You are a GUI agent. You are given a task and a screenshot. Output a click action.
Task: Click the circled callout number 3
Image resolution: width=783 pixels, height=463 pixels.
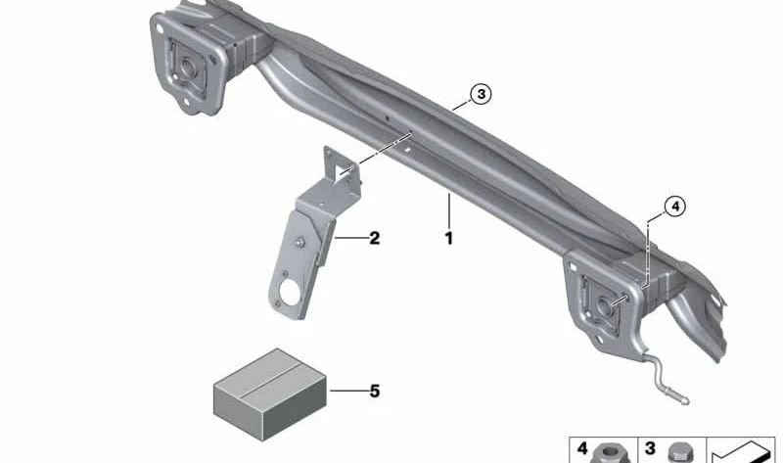pyautogui.click(x=481, y=94)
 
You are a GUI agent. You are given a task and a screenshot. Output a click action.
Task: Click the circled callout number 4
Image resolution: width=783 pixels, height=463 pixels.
pyautogui.click(x=674, y=207)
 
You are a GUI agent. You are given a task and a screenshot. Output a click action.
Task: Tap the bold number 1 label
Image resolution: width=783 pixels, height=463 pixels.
pyautogui.click(x=449, y=238)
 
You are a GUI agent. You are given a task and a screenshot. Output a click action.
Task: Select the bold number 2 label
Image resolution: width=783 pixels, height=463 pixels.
pyautogui.click(x=375, y=238)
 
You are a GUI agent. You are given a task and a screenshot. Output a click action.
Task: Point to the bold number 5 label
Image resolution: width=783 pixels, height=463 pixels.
pyautogui.click(x=375, y=391)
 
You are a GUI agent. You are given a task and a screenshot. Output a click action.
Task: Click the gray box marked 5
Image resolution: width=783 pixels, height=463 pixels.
pyautogui.click(x=270, y=394)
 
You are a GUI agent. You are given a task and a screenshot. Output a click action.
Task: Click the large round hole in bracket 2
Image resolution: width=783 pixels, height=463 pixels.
pyautogui.click(x=288, y=292)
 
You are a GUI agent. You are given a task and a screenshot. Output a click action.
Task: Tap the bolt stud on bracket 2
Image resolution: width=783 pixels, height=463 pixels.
pyautogui.click(x=300, y=242)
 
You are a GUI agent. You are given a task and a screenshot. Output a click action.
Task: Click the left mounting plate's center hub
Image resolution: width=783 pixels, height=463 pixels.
pyautogui.click(x=188, y=67)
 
